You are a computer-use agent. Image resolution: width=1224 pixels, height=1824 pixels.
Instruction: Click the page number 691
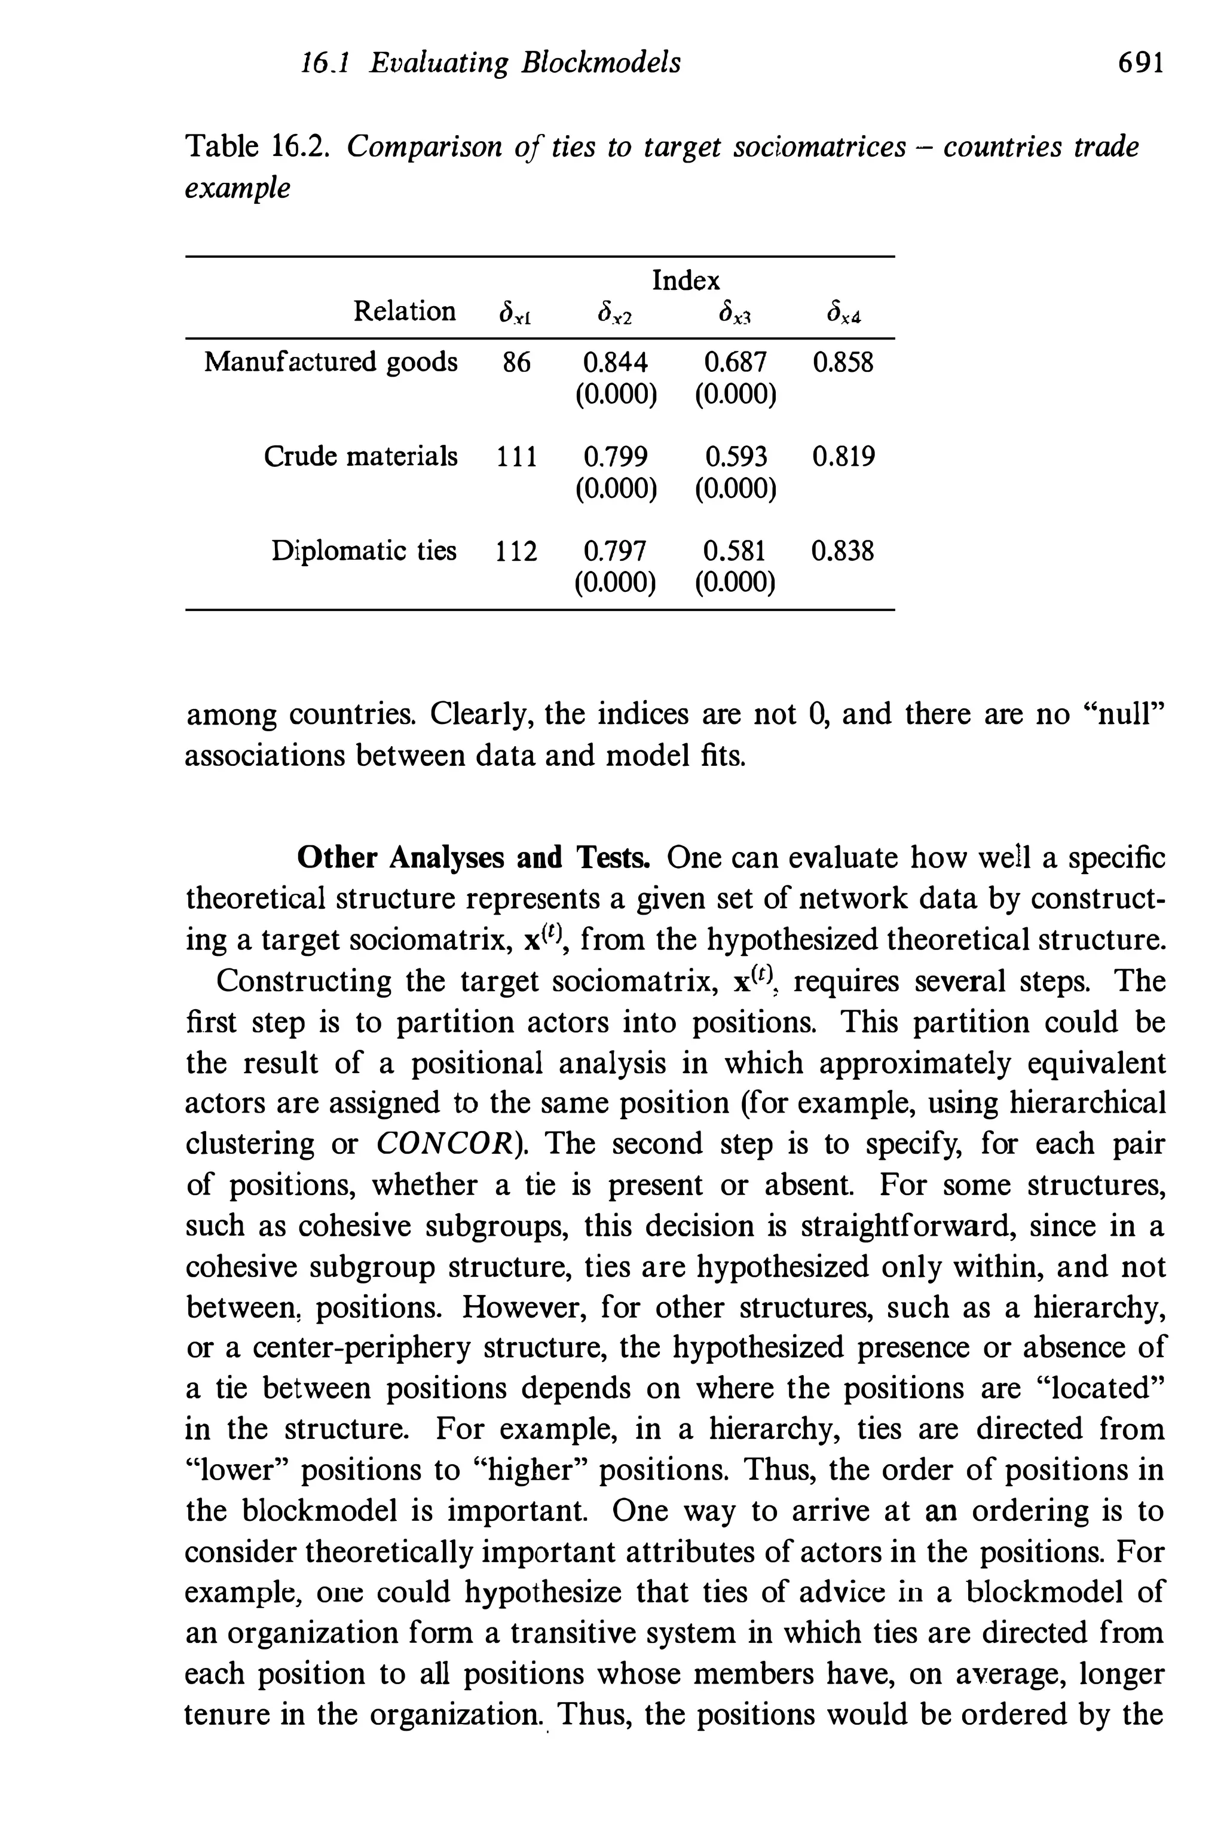click(1140, 62)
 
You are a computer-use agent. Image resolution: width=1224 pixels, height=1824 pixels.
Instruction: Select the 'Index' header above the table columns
click(686, 280)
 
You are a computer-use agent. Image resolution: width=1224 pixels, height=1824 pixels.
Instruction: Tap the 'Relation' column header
click(405, 311)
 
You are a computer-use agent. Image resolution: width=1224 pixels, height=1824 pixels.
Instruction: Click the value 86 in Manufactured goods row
click(516, 362)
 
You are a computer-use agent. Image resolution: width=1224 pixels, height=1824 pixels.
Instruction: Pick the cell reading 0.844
click(615, 362)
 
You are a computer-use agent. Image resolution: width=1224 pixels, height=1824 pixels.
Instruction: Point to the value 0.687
click(735, 362)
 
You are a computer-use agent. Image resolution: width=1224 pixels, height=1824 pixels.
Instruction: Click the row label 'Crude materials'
click(360, 456)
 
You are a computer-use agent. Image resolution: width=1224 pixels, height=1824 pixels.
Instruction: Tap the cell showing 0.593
click(735, 456)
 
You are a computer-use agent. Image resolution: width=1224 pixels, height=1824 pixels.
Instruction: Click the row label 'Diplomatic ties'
click(364, 551)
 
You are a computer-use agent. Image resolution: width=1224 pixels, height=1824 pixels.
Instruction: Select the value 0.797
click(615, 551)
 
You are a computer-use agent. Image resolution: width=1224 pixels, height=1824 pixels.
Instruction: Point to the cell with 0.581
click(735, 551)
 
